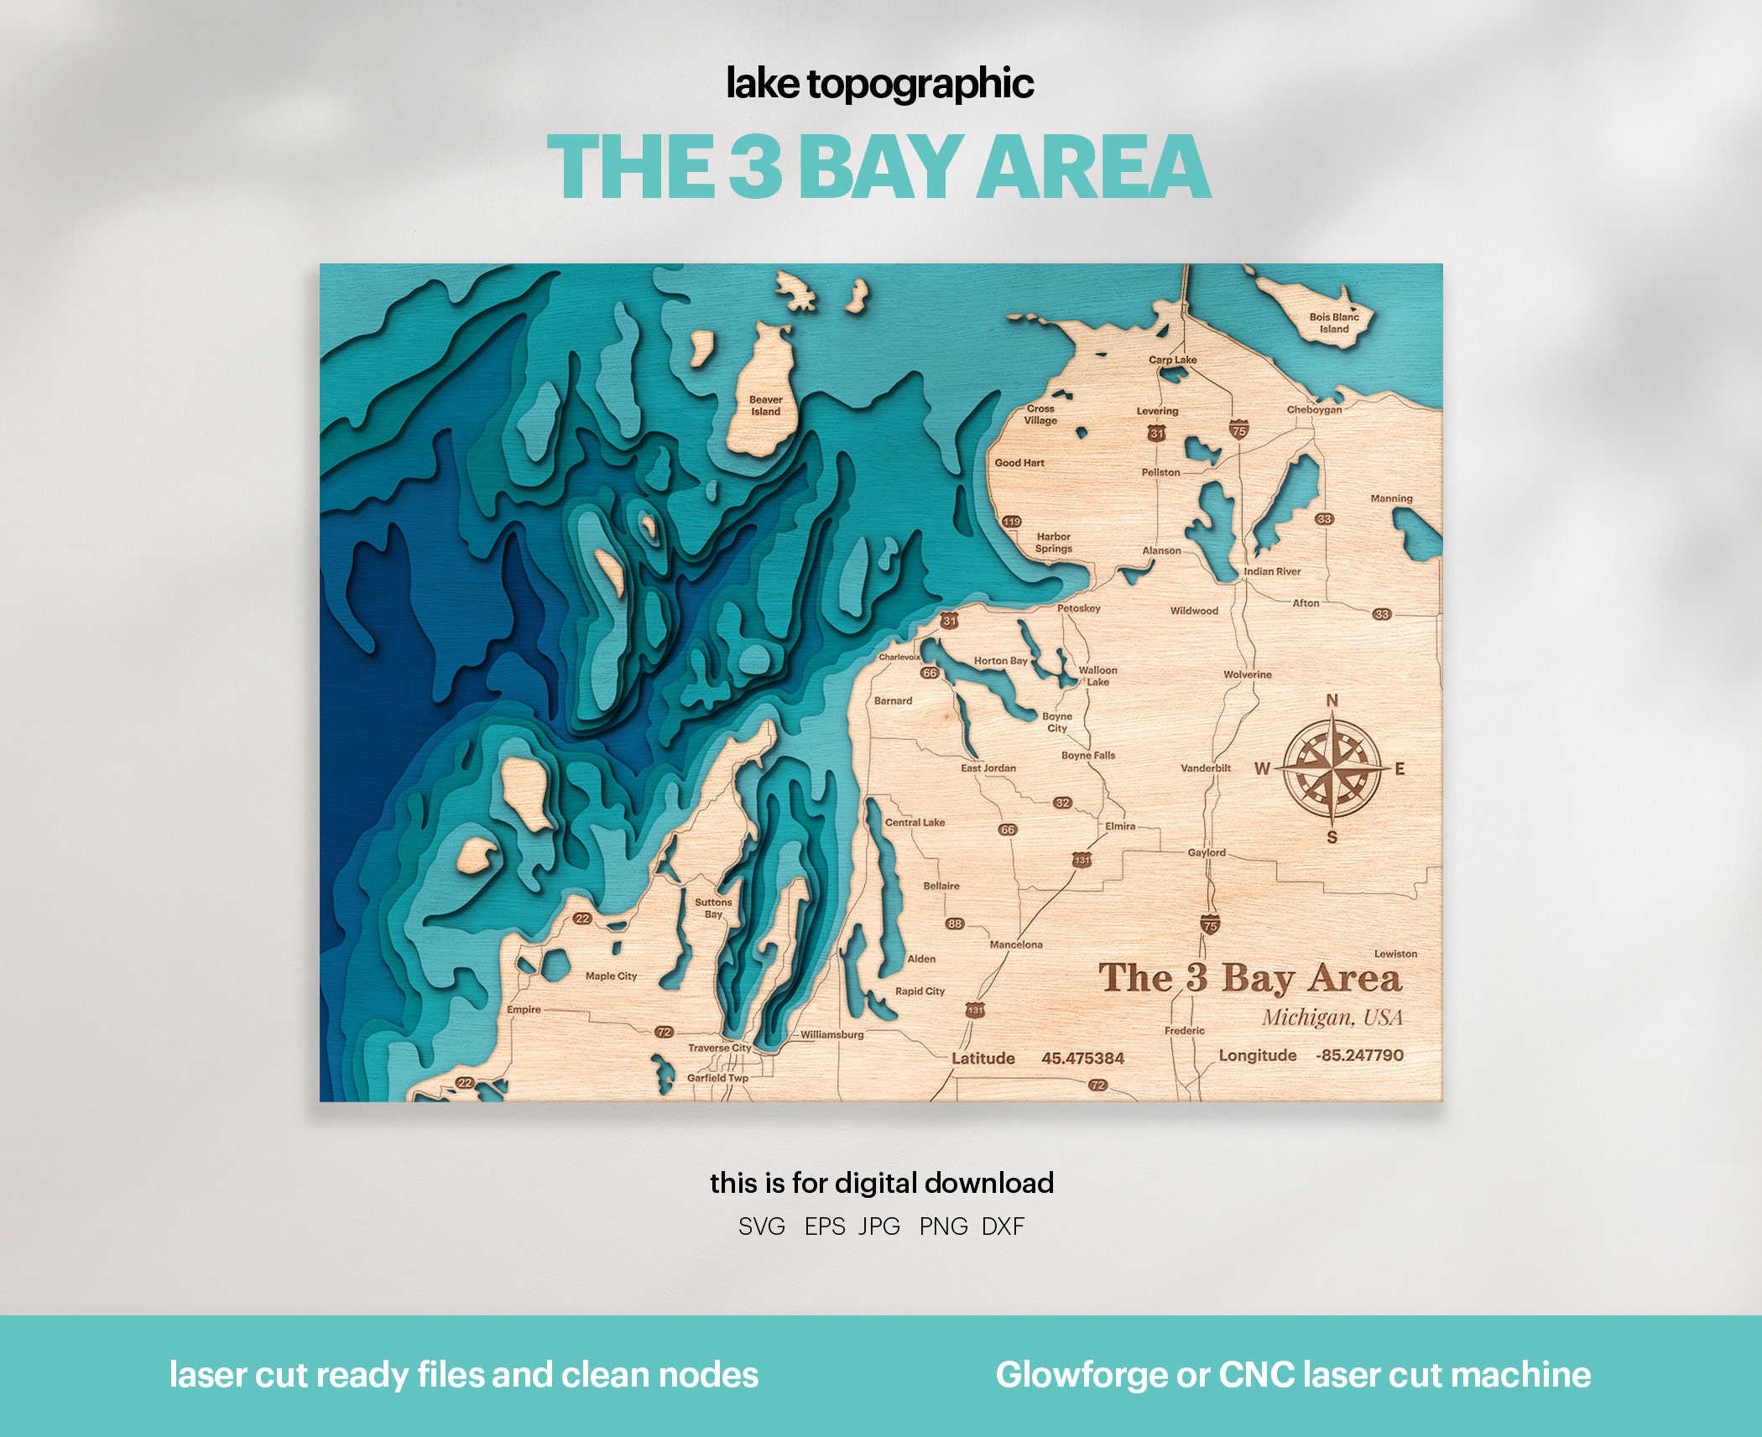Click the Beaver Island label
pos(765,406)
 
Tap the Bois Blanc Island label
pos(1334,323)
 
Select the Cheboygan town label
pos(1314,409)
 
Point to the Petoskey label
pos(1078,608)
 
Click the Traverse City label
pos(720,1048)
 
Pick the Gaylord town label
pos(1207,852)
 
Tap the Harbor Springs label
pos(1053,543)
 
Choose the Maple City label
pos(611,976)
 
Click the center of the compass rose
pos(1332,768)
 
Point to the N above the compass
pos(1332,700)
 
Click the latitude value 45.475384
pos(1082,1059)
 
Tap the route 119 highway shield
pos(1012,522)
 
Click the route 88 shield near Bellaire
pos(955,924)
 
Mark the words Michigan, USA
pos(1332,1018)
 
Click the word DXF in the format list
pos(1003,1226)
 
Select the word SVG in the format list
pos(762,1226)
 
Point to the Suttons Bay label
pos(713,909)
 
